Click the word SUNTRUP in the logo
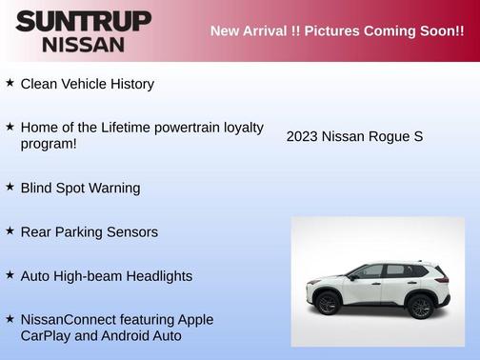[x=84, y=21]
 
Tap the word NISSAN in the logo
[x=84, y=44]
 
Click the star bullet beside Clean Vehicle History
[x=10, y=83]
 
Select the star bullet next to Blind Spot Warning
[x=10, y=187]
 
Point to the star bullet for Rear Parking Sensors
[x=10, y=230]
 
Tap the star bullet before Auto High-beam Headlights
[x=10, y=274]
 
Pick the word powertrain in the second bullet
[x=199, y=127]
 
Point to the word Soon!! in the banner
[x=441, y=31]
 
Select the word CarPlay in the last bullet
[x=49, y=335]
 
